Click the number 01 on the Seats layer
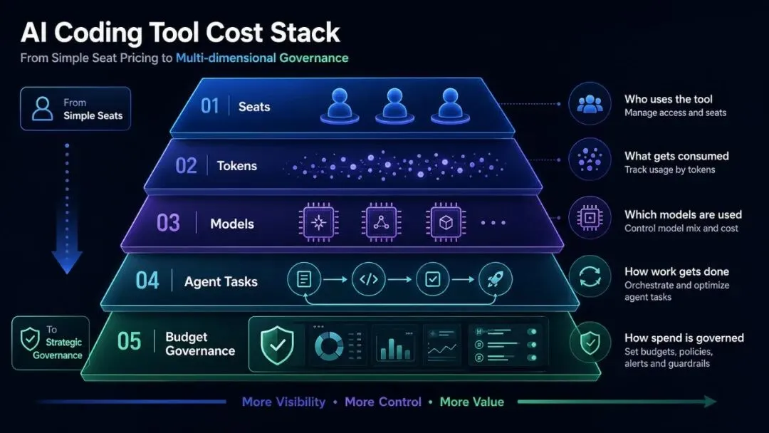point(209,106)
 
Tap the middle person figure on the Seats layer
point(394,105)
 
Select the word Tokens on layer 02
point(237,166)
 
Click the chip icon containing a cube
point(445,223)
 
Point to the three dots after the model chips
point(493,223)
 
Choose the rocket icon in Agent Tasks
point(496,279)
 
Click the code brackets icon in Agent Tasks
point(369,279)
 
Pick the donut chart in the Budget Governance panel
point(329,346)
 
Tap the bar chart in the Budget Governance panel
point(394,348)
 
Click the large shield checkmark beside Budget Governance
point(277,345)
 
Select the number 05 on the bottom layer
point(129,341)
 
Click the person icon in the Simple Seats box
point(43,108)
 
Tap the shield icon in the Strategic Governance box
point(30,339)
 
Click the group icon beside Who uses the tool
point(590,104)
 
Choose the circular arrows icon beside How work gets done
point(590,276)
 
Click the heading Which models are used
point(683,214)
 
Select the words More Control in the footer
point(383,402)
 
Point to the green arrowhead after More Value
point(710,402)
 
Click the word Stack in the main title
point(305,33)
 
